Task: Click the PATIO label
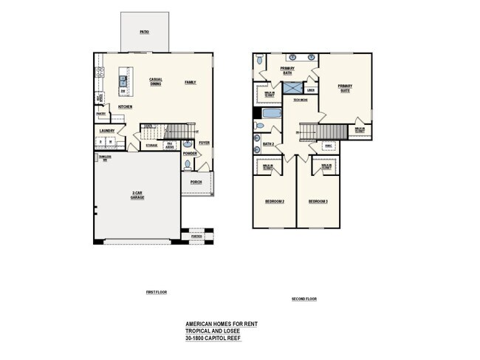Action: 145,33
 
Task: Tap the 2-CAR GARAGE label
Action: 137,195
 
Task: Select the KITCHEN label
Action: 125,107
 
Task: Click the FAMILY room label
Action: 191,82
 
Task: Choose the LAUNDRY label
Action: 108,131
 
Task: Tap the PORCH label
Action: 196,181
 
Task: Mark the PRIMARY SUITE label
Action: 345,88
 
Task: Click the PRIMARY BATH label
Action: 287,70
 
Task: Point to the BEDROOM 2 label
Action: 275,201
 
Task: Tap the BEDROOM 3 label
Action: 318,201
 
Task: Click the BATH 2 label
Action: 269,143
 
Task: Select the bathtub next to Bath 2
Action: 271,115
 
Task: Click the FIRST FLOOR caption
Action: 156,292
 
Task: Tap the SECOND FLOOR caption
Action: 304,299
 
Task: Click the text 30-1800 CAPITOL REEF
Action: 213,338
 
